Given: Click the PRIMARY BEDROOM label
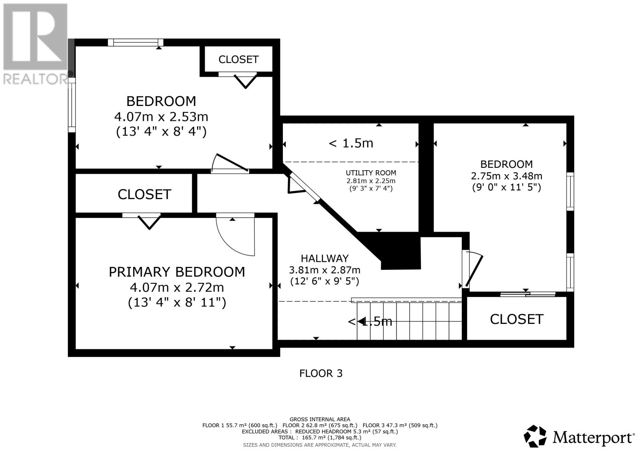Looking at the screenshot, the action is pyautogui.click(x=177, y=272).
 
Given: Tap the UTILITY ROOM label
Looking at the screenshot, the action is pyautogui.click(x=371, y=173).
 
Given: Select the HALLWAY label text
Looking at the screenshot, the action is pyautogui.click(x=325, y=259).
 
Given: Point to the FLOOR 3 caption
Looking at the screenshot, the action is pyautogui.click(x=321, y=373).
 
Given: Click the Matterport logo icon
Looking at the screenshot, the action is pyautogui.click(x=535, y=436).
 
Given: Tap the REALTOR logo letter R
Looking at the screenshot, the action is pyautogui.click(x=35, y=37).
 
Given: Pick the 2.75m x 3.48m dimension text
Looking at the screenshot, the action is pyautogui.click(x=506, y=176).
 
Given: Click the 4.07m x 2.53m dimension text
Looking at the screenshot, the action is pyautogui.click(x=161, y=117).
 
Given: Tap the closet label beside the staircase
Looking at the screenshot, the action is pyautogui.click(x=516, y=319).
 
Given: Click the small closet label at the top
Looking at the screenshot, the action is pyautogui.click(x=238, y=59).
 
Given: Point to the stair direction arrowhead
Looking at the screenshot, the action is pyautogui.click(x=361, y=321).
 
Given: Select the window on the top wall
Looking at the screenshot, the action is pyautogui.click(x=136, y=43).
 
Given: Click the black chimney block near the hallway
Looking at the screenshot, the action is pyautogui.click(x=396, y=250).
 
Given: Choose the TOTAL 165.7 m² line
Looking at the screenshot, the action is pyautogui.click(x=320, y=438).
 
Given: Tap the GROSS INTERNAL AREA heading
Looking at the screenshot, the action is pyautogui.click(x=320, y=419).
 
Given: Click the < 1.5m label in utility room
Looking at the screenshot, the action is pyautogui.click(x=351, y=143).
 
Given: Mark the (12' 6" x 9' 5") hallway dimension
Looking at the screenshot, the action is pyautogui.click(x=325, y=281).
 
